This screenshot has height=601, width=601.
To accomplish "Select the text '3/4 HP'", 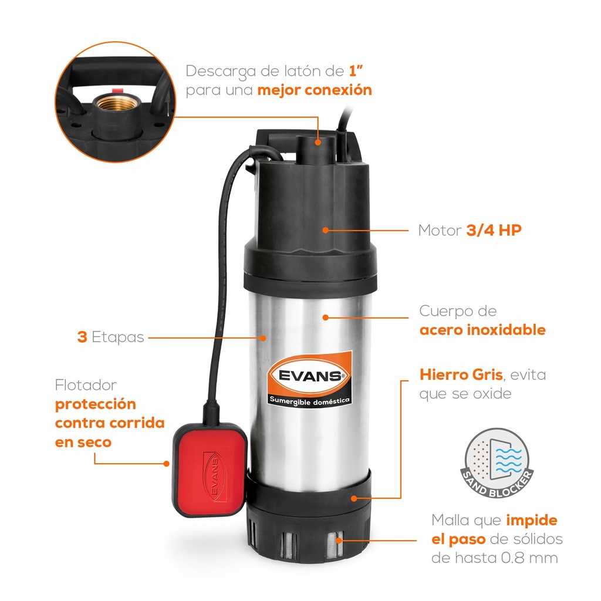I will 494,230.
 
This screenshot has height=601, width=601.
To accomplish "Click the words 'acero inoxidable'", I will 482,330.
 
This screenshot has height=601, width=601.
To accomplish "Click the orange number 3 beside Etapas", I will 82,337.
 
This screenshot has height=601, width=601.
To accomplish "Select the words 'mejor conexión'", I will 315,90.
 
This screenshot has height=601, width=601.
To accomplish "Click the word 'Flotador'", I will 86,386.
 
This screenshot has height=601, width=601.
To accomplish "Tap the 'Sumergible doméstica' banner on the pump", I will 310,400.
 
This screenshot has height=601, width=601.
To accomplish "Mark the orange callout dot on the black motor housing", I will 325,230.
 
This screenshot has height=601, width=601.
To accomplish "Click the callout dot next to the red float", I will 167,462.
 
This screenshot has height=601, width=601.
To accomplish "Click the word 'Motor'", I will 440,231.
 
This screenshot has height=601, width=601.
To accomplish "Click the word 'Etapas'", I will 117,338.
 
